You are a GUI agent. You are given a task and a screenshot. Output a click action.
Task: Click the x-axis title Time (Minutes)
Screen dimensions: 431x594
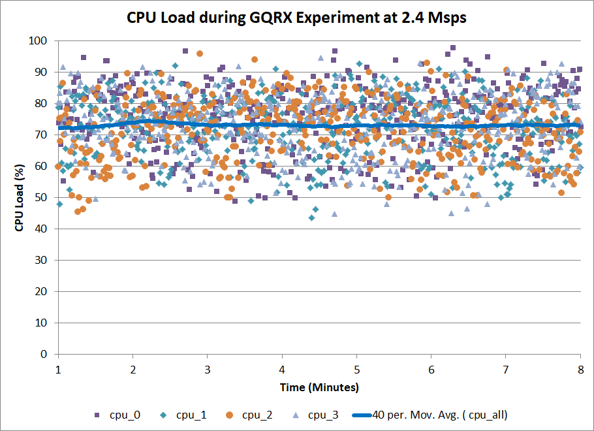319,387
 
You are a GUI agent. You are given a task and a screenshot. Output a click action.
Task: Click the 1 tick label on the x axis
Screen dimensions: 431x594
59,369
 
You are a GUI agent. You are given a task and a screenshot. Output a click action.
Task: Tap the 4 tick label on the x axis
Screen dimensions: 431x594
282,369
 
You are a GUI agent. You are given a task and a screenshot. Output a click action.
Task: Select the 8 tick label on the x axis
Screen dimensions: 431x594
580,369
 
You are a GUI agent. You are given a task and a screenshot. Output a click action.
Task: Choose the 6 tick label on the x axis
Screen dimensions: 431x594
431,369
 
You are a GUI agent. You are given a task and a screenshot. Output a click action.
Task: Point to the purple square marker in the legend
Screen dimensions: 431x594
97,415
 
